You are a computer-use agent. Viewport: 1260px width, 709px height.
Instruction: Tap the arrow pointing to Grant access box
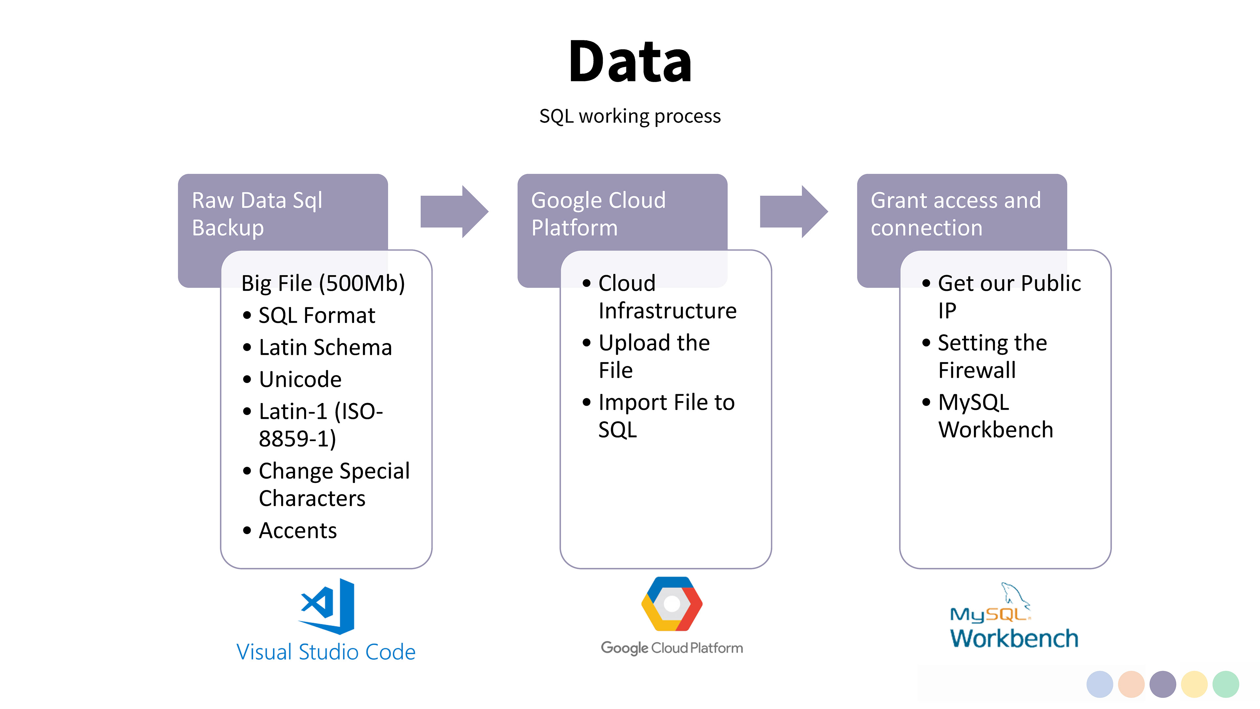point(794,211)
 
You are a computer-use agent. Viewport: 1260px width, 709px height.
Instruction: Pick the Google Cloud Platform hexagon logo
point(672,604)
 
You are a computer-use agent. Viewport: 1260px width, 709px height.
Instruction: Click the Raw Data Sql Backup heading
point(257,214)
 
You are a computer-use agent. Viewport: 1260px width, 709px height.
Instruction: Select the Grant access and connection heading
point(956,214)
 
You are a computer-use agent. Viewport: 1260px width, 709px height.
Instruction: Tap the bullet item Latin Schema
point(325,347)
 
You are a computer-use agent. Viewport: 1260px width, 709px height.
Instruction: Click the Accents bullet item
point(298,531)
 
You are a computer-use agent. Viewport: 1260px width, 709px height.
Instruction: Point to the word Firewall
point(977,370)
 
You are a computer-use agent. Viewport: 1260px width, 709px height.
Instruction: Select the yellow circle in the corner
point(1194,684)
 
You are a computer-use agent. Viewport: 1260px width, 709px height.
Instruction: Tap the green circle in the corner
point(1226,684)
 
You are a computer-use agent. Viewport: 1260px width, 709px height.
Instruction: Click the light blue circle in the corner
point(1100,684)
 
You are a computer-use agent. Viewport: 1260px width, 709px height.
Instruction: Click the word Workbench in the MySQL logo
point(1014,638)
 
